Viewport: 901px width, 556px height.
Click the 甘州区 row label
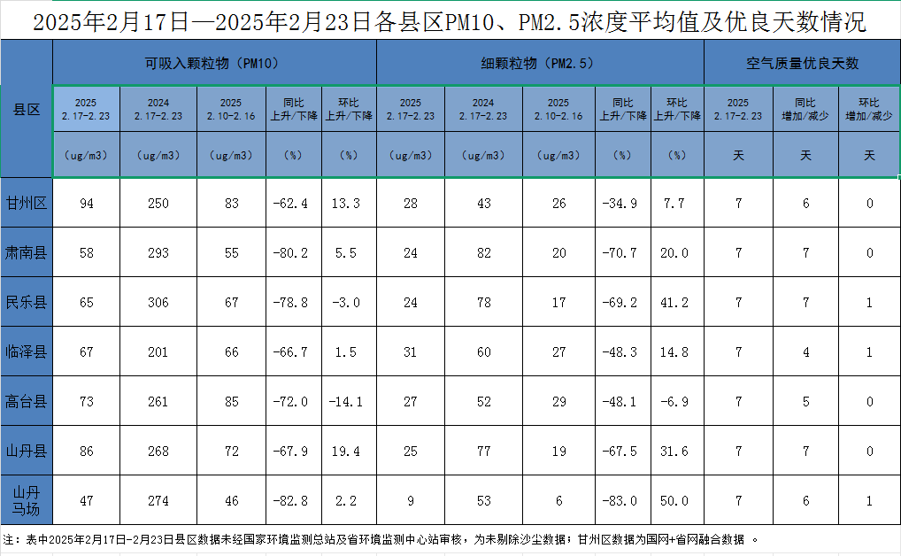coord(27,204)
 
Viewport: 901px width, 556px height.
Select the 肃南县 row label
coord(27,253)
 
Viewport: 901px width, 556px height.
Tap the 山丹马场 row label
coord(27,500)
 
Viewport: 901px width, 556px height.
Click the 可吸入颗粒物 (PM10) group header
coord(215,64)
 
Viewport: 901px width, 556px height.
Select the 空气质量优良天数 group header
coord(802,64)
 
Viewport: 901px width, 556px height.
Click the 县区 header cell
coord(27,110)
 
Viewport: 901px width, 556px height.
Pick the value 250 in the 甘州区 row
coord(158,204)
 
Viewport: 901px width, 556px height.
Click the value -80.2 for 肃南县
coord(293,253)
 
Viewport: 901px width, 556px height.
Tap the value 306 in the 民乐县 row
coord(158,303)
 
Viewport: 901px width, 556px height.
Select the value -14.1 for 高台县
coord(349,402)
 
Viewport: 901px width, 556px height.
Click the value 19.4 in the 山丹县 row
coord(349,452)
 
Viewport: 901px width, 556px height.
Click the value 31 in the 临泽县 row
coord(411,352)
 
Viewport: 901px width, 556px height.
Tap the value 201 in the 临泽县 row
coord(158,352)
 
